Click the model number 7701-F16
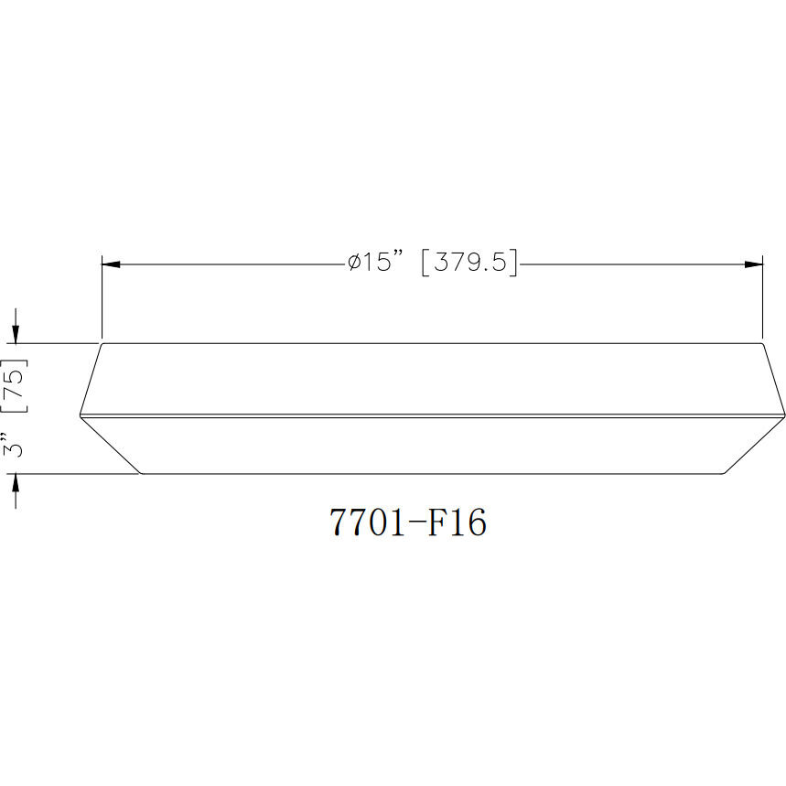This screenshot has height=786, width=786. (408, 522)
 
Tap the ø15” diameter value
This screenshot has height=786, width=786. (375, 264)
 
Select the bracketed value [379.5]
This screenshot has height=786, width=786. (468, 264)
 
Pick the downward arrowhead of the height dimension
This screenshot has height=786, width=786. (16, 334)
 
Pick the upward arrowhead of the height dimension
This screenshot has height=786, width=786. (16, 483)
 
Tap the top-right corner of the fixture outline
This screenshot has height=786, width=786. (762, 344)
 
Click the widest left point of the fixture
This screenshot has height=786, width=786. (81, 416)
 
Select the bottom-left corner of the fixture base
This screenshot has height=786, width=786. (141, 473)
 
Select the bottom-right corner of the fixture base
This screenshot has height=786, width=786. (724, 473)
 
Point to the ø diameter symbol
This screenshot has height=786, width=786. (352, 264)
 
